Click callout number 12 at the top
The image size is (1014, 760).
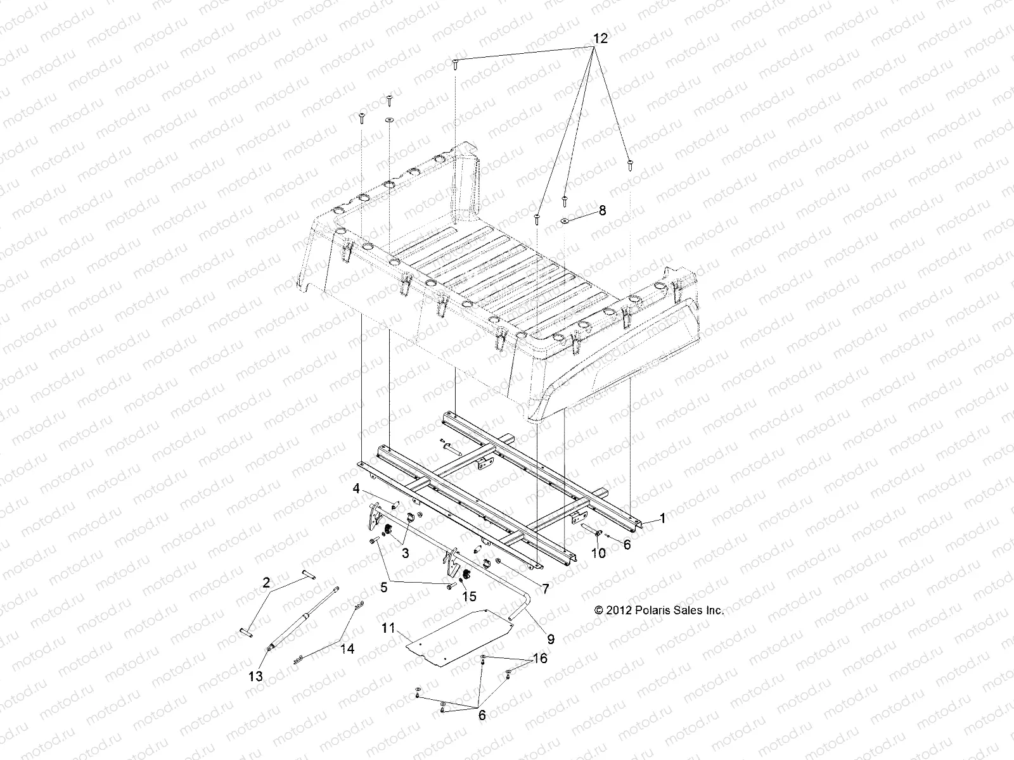[600, 39]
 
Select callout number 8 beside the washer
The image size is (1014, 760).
[602, 211]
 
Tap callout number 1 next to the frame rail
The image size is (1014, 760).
[662, 519]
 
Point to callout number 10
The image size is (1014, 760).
[598, 553]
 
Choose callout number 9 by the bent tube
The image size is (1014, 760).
[551, 640]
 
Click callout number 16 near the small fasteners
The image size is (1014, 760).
[539, 659]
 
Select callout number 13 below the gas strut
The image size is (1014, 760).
[255, 676]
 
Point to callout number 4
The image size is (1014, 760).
[375, 506]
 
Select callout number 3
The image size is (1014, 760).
[405, 552]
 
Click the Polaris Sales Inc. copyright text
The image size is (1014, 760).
[659, 611]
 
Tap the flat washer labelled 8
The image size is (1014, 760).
[564, 221]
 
